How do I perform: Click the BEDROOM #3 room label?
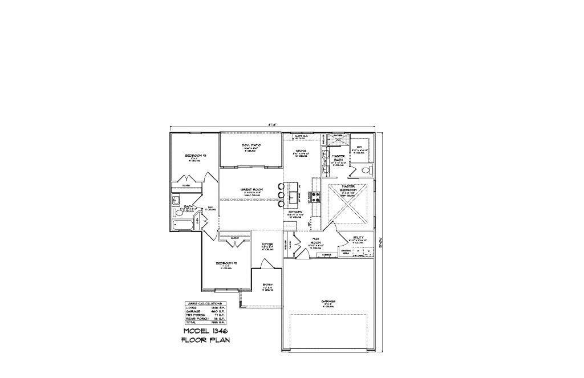(x=194, y=156)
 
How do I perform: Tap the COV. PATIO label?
(x=252, y=146)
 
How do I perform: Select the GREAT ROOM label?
(x=251, y=189)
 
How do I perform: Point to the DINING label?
(x=301, y=151)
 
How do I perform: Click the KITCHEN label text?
(x=296, y=211)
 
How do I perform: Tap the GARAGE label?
(x=328, y=301)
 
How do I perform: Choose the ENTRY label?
(x=267, y=284)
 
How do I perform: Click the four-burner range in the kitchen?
(x=315, y=198)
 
